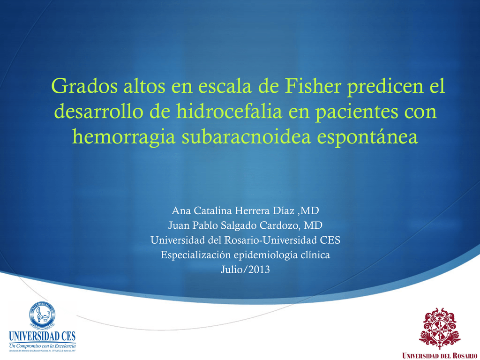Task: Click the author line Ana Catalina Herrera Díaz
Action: (x=246, y=210)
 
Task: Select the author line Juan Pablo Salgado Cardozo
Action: (x=245, y=225)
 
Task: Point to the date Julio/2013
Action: (x=245, y=270)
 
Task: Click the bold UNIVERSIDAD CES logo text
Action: (x=42, y=336)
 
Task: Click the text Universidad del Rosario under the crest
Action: (x=440, y=355)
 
